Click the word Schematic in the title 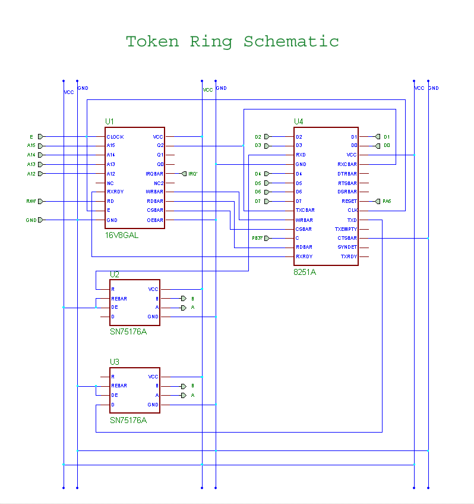(291, 42)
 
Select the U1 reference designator (109, 121)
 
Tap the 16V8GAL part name (122, 235)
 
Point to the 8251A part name (305, 271)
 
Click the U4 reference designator (298, 121)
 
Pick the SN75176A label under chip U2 (128, 331)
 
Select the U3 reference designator (114, 362)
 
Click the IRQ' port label (192, 174)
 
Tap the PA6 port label (387, 201)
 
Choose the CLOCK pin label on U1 (115, 137)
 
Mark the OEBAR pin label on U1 (155, 220)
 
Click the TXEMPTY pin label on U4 (346, 229)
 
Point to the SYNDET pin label (347, 248)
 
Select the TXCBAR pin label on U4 (305, 211)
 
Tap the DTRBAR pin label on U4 (347, 174)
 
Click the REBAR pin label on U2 (119, 299)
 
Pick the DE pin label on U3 (114, 395)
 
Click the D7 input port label (258, 201)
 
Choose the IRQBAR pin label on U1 (154, 174)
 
